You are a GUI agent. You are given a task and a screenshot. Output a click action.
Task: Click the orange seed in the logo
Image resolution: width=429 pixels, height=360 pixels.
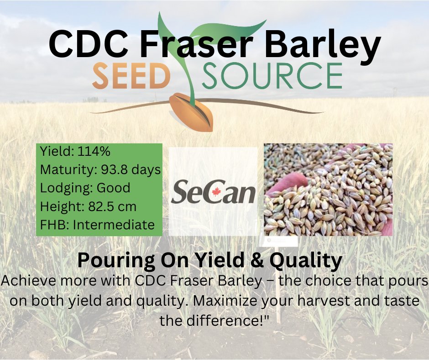(x=192, y=111)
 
